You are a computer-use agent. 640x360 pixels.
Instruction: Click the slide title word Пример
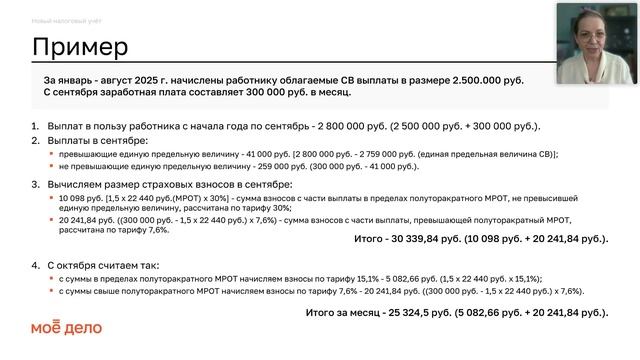[80, 47]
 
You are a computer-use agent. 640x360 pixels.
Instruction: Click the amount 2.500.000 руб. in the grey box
[488, 79]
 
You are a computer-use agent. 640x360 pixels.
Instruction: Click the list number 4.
[35, 265]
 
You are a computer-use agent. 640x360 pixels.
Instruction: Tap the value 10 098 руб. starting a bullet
[82, 200]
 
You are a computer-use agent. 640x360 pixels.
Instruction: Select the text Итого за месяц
[340, 312]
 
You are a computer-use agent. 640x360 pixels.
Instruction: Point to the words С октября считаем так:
[101, 265]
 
